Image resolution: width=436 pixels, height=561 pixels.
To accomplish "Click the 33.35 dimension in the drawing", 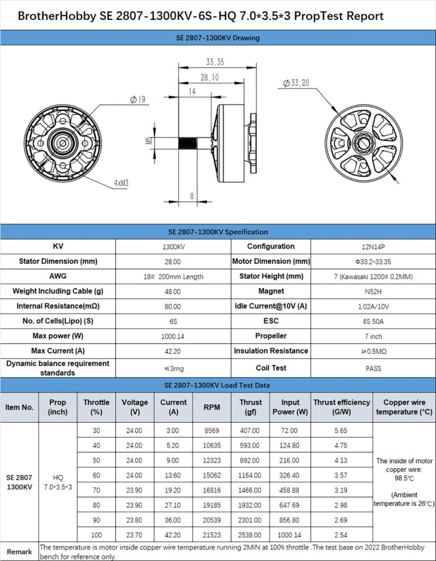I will [x=215, y=62].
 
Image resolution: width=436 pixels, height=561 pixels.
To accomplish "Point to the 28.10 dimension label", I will [x=209, y=77].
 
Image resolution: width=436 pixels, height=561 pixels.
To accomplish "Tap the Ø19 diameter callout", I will [x=138, y=100].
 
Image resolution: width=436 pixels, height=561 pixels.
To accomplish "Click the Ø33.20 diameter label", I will [x=296, y=82].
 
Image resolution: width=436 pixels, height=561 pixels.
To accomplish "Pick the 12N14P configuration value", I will [x=373, y=247].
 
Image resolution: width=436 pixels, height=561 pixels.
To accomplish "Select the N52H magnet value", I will [x=373, y=292].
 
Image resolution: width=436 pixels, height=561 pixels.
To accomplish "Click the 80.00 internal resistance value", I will [x=172, y=307].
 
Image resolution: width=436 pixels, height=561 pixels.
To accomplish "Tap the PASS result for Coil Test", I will [x=373, y=368].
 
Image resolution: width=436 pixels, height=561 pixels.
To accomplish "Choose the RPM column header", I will [x=211, y=407].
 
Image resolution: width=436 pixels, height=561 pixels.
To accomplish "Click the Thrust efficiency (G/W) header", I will [x=341, y=407].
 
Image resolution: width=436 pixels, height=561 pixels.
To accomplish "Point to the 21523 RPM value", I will [x=211, y=535].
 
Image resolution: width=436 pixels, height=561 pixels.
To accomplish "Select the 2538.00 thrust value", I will [x=250, y=535].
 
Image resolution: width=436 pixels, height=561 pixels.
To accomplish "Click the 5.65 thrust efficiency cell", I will [x=341, y=431].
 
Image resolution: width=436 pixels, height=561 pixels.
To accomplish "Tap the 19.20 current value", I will [x=173, y=491].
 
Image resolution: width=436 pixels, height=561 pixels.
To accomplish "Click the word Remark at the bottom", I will [x=19, y=552].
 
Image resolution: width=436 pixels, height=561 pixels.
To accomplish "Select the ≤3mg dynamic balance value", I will [x=172, y=368].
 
